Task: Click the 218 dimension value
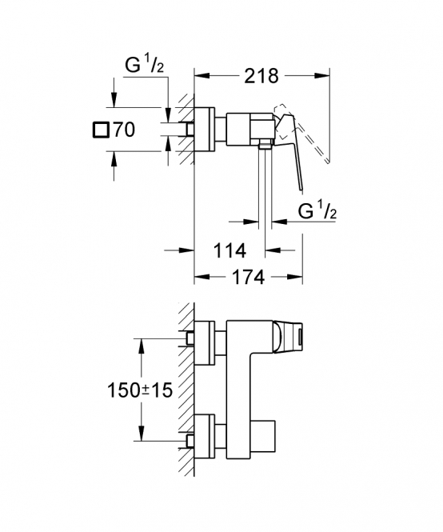(x=261, y=76)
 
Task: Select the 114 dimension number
(x=229, y=251)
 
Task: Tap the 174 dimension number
(x=248, y=277)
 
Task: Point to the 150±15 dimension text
(x=140, y=390)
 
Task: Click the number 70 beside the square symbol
(x=124, y=130)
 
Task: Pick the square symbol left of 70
(x=101, y=130)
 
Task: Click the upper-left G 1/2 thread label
(x=145, y=65)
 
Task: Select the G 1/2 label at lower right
(x=317, y=211)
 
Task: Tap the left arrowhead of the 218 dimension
(x=202, y=75)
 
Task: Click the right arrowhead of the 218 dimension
(x=322, y=75)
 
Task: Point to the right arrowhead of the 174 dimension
(x=295, y=277)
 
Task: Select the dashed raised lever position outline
(x=302, y=130)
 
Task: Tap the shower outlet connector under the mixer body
(x=265, y=144)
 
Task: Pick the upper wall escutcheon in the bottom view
(x=204, y=343)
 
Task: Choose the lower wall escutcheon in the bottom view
(x=204, y=436)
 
